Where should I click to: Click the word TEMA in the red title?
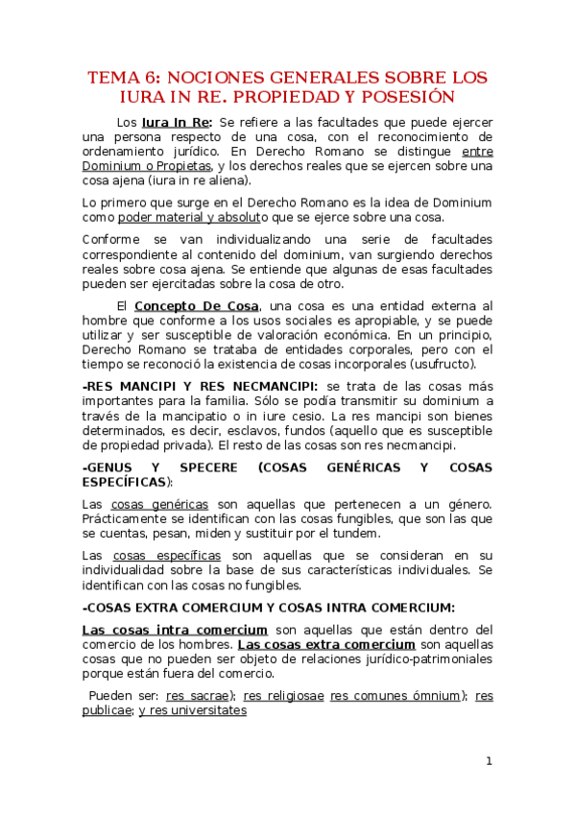[113, 77]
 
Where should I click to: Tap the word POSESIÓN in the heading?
[404, 97]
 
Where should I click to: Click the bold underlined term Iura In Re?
[177, 123]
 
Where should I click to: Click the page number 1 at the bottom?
[488, 761]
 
